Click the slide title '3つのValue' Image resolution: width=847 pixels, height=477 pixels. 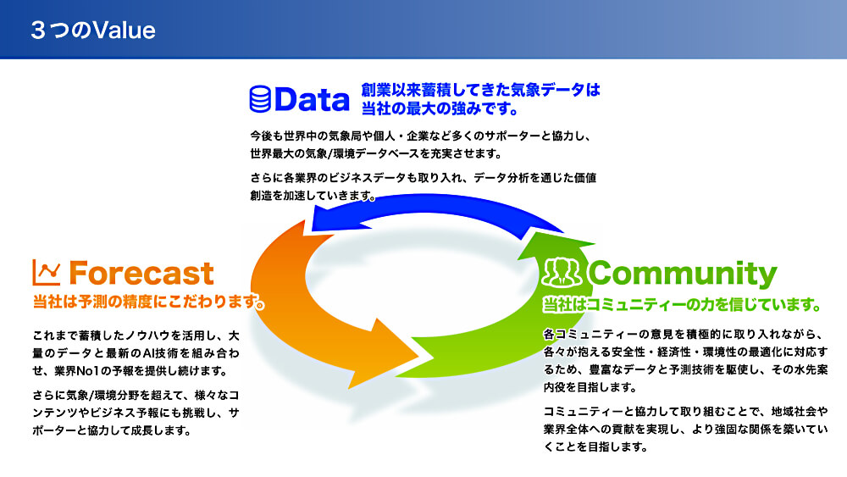(93, 31)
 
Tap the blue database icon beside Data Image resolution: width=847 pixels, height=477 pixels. (260, 99)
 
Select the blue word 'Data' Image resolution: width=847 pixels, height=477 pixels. (313, 99)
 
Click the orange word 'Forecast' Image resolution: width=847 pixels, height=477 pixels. (141, 273)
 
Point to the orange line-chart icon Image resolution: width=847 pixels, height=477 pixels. (47, 272)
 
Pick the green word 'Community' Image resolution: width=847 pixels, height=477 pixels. (682, 275)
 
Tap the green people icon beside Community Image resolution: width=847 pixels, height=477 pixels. (562, 272)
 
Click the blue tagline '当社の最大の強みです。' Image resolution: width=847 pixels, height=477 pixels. (440, 108)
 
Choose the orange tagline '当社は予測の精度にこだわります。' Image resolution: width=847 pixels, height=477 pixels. (148, 302)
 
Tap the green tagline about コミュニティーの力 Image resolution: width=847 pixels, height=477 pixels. (682, 305)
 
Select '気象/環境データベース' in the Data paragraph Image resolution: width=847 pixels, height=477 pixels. (362, 153)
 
